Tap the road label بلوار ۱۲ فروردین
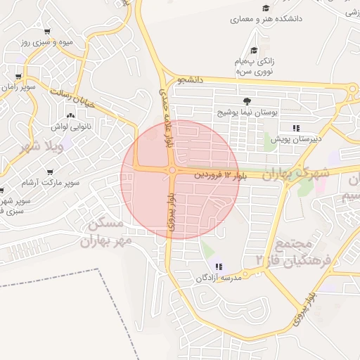tap(221, 173)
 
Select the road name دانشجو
tap(190, 80)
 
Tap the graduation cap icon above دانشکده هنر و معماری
tap(266, 8)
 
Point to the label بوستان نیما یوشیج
tap(246, 112)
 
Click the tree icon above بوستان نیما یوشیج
tap(246, 101)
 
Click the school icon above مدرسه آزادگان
tap(219, 266)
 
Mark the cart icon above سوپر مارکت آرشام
tap(50, 172)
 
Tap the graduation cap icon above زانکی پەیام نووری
tap(253, 50)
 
